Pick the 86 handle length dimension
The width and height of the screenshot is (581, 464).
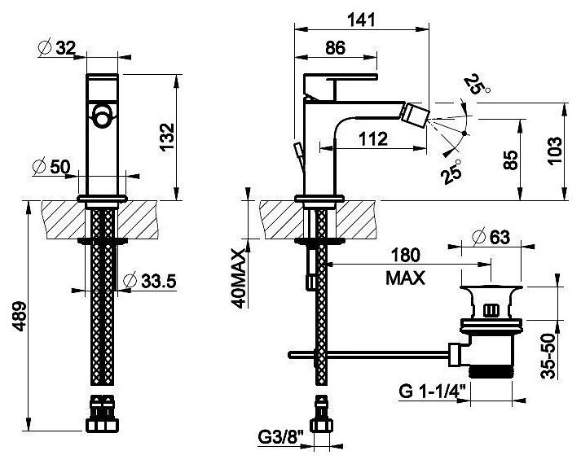click(x=334, y=48)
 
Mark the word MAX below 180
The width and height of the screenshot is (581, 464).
click(x=406, y=278)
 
